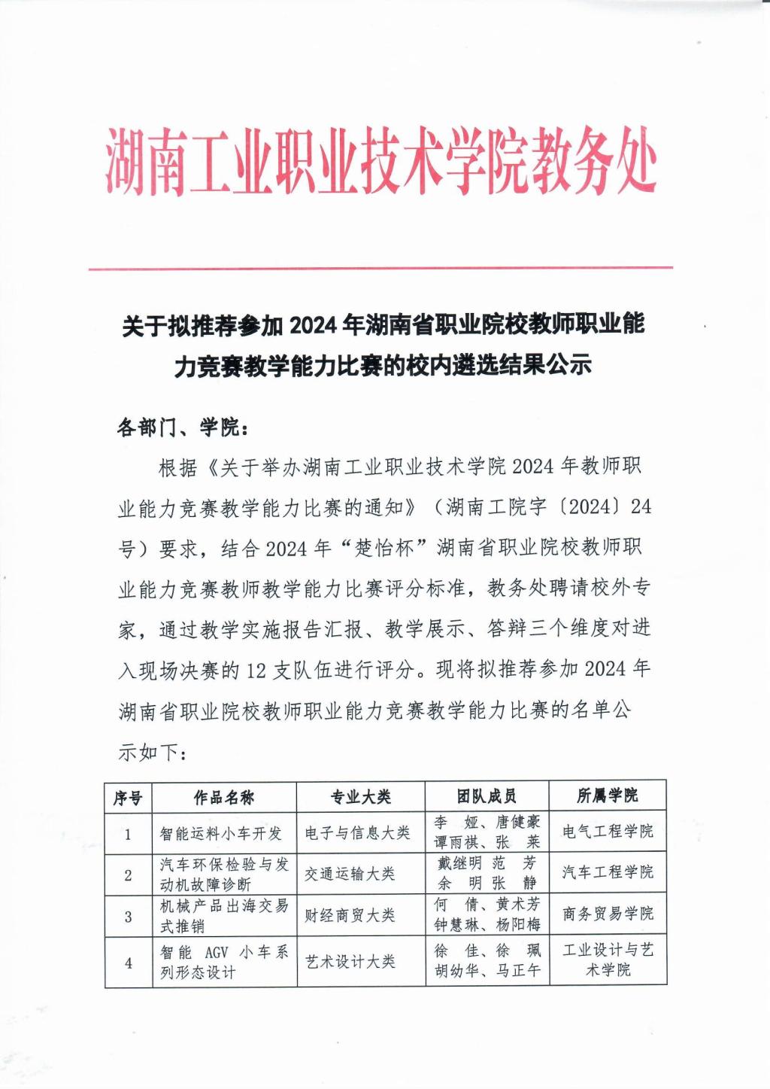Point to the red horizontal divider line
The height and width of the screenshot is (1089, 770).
(380, 267)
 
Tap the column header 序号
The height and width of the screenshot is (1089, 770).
(128, 797)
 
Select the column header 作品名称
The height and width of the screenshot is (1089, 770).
(224, 797)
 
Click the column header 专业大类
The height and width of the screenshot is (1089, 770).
(360, 797)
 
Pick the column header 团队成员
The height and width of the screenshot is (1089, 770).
(487, 796)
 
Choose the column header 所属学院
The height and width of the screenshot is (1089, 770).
(608, 795)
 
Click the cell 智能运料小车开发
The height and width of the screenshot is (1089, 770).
(221, 833)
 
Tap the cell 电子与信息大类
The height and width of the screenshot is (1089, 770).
(357, 832)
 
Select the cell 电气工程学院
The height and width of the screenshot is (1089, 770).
(608, 832)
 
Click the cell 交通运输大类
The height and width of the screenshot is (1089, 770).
(350, 874)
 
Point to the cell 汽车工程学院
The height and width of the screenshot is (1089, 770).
(608, 872)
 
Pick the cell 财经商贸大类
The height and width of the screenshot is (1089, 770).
(350, 915)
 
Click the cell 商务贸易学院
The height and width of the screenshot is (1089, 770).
(608, 914)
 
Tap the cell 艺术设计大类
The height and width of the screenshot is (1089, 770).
(350, 961)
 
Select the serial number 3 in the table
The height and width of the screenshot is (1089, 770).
(128, 916)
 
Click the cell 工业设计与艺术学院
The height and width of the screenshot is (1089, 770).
(608, 960)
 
